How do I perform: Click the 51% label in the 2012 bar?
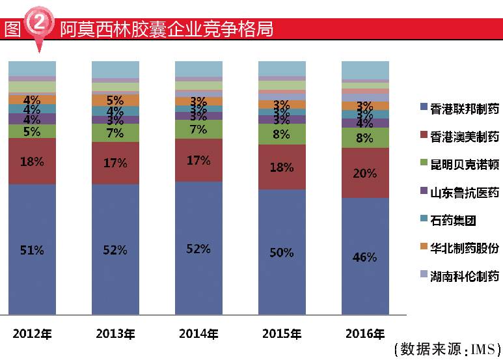click(32, 250)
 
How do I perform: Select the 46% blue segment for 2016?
click(365, 256)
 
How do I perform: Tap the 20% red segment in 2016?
click(365, 173)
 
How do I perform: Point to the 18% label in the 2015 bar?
click(282, 167)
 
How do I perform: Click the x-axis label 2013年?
click(115, 334)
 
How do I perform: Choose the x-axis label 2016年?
click(365, 334)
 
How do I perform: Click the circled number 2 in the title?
click(39, 24)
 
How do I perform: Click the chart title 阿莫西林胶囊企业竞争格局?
click(166, 29)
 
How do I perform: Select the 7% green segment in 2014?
click(198, 129)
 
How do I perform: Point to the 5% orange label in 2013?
click(115, 100)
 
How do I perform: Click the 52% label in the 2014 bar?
click(198, 249)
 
